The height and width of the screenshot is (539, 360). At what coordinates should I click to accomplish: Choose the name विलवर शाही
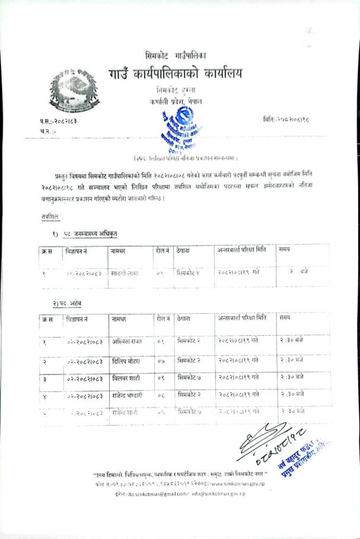coord(126,377)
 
